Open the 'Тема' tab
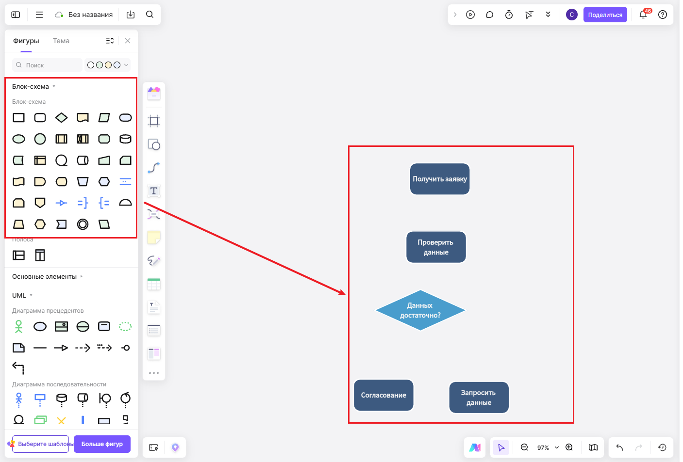click(61, 41)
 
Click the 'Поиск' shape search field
click(48, 65)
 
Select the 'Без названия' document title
click(91, 15)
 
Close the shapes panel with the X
click(128, 41)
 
